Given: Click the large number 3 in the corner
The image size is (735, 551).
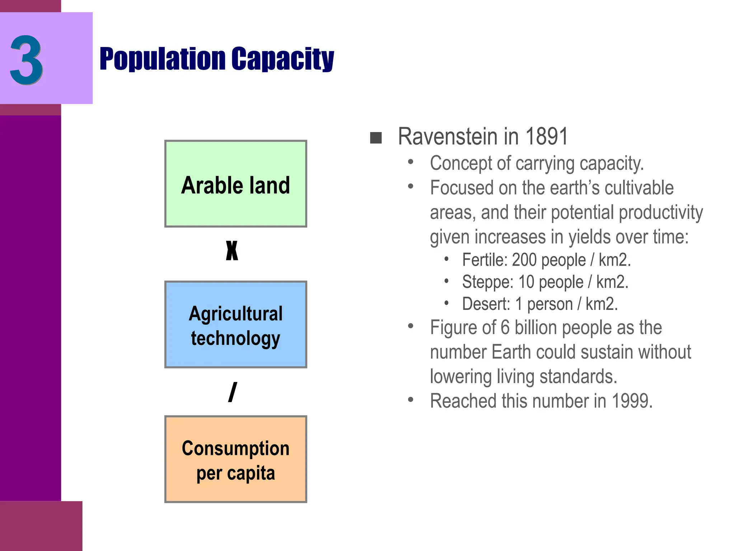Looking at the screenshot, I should [x=27, y=60].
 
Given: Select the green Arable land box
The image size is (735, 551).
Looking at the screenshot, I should [x=235, y=184].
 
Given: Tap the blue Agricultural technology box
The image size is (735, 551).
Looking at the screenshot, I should [x=235, y=325].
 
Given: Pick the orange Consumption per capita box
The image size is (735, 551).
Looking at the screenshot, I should [x=235, y=459].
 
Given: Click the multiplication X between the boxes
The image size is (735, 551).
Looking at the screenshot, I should [x=232, y=250].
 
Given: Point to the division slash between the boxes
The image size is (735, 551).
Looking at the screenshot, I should [x=233, y=392].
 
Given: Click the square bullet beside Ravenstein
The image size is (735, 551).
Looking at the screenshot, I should [x=376, y=138].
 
